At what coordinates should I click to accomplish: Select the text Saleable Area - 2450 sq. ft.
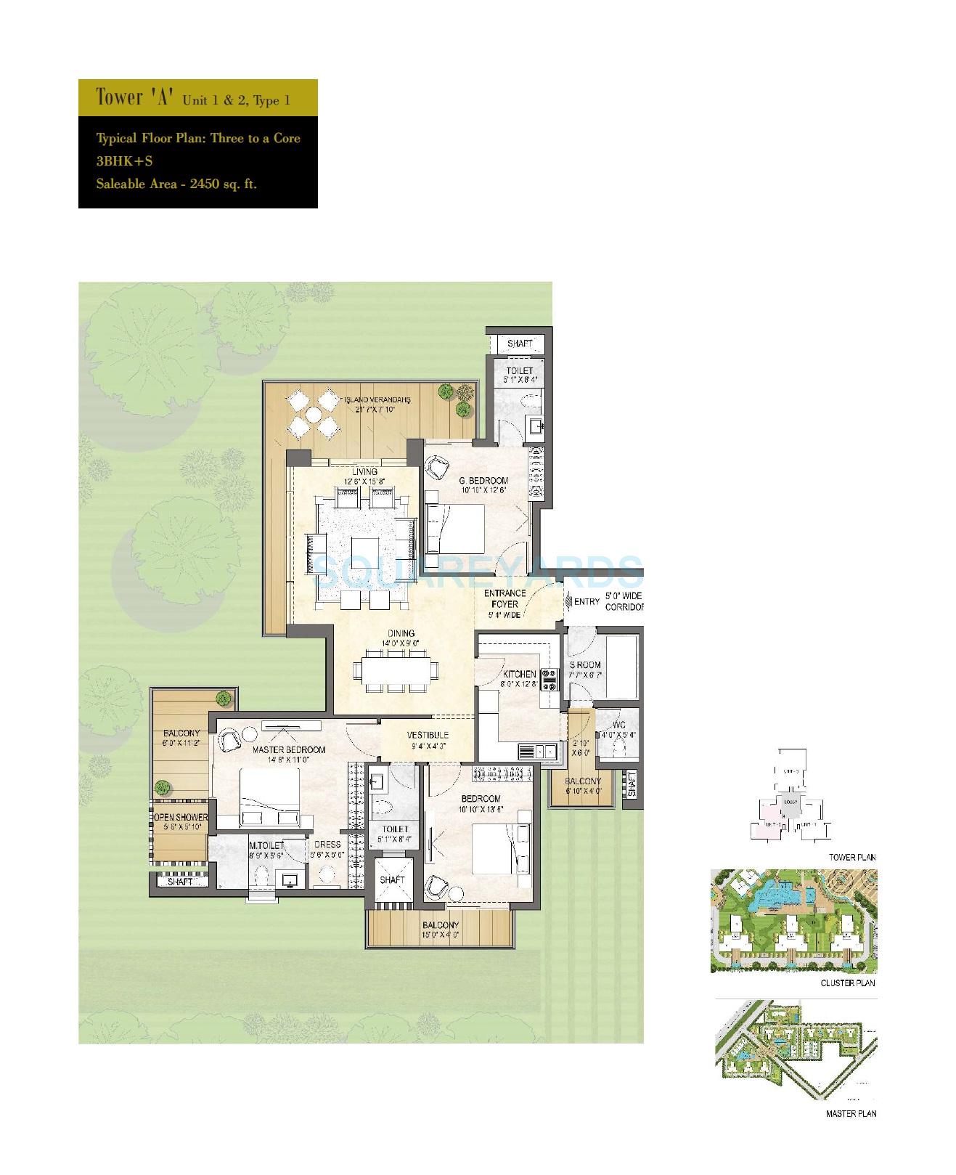point(176,184)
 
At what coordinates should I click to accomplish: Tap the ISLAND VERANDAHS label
point(377,399)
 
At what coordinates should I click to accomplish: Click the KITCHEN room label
point(518,674)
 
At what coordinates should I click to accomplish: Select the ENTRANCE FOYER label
point(504,598)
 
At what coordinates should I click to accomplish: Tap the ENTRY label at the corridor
point(587,601)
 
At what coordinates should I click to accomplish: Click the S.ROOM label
point(584,664)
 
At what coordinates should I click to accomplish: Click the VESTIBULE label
point(427,735)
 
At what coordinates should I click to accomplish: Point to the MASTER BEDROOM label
point(289,749)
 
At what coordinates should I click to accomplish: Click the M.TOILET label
point(265,845)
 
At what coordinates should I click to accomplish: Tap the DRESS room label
point(327,845)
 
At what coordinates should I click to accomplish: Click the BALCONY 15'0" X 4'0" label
point(441,925)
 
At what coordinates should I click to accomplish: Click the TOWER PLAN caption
point(852,857)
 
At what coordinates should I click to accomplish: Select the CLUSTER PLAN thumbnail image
point(793,921)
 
